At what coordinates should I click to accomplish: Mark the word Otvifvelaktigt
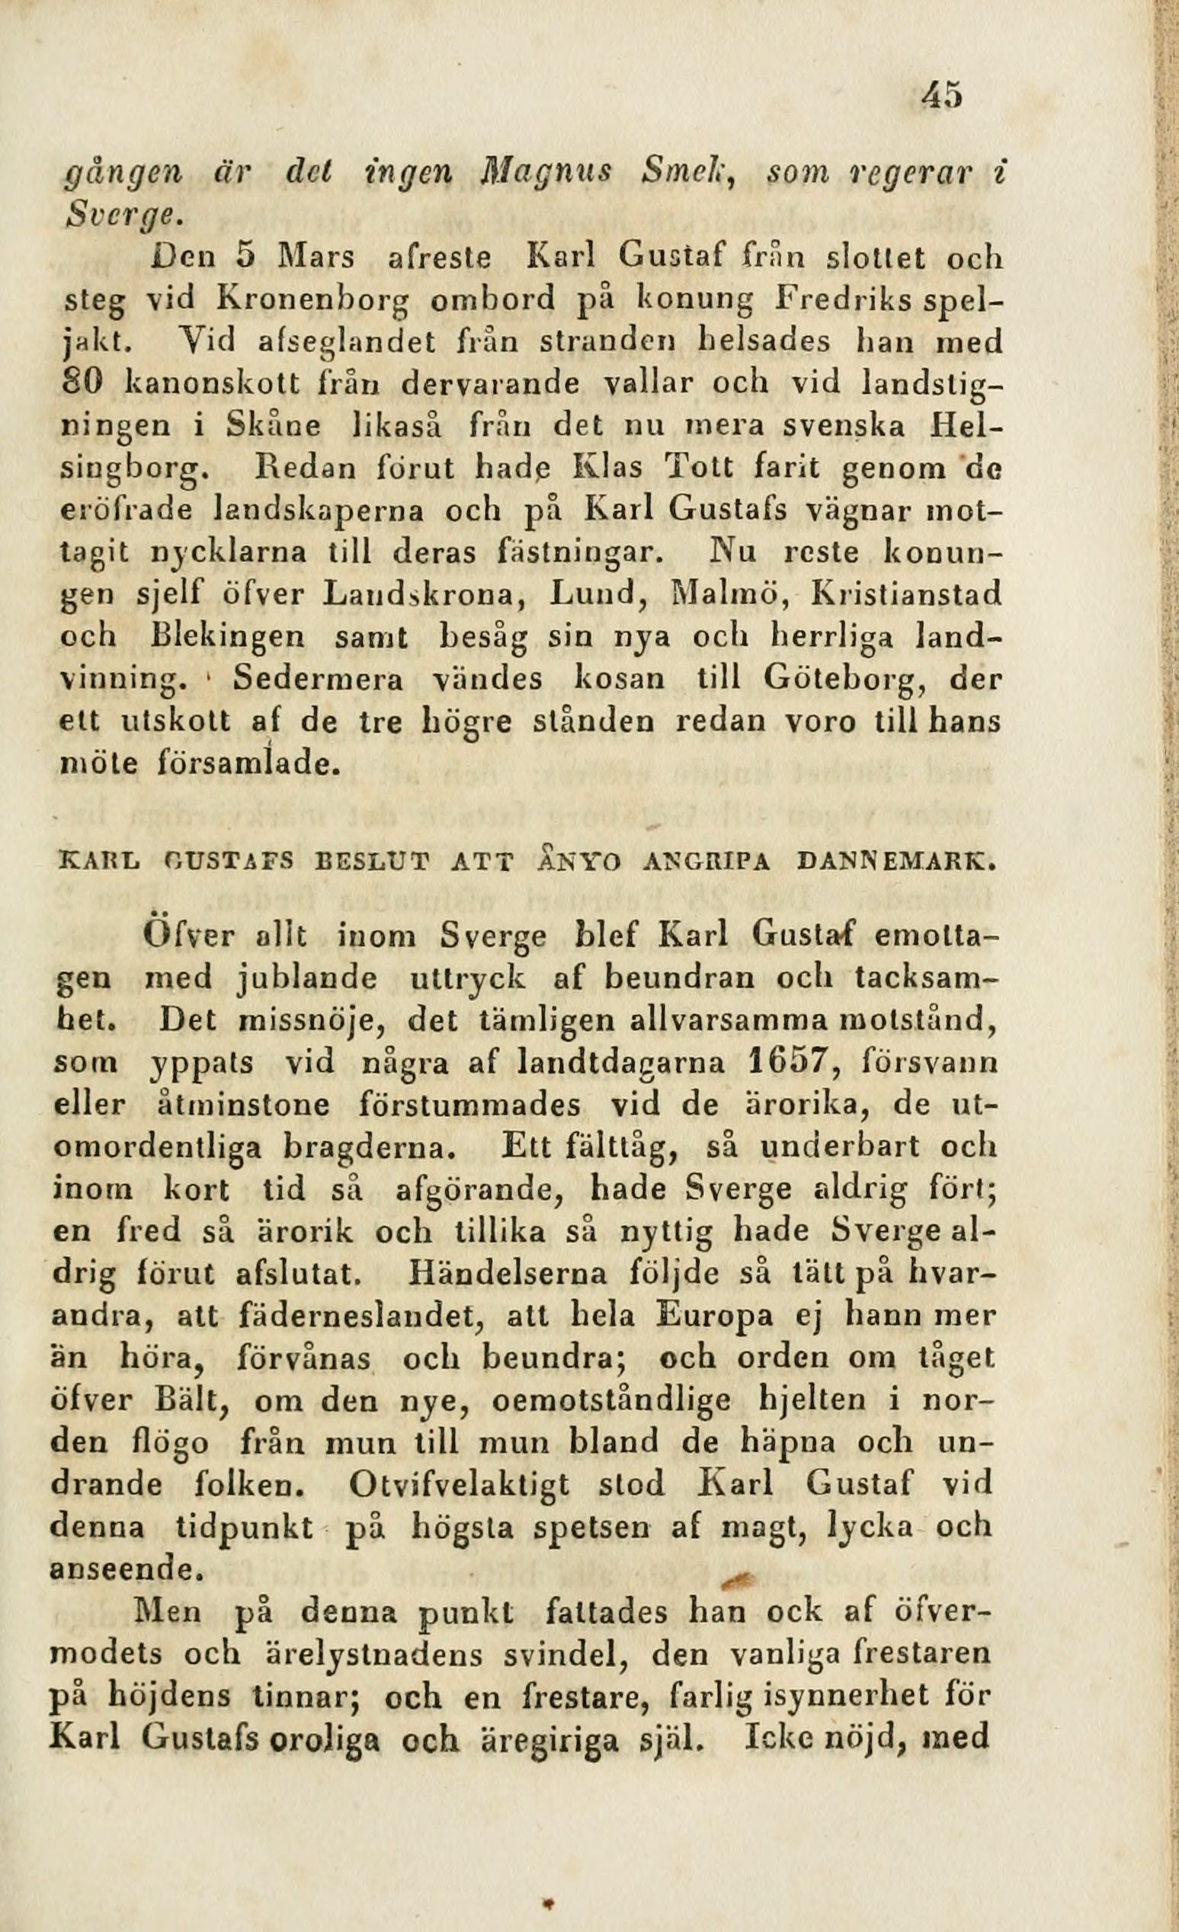coord(467,1484)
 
